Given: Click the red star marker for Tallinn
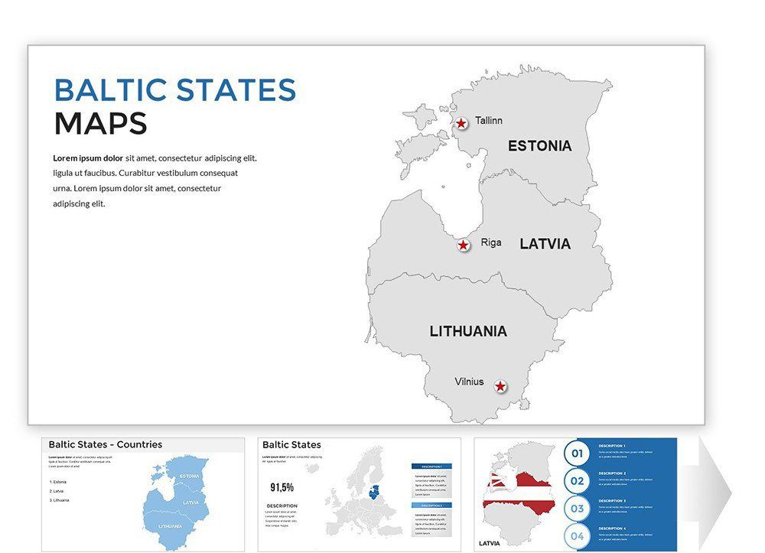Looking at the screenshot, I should point(461,123).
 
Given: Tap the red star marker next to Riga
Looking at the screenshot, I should point(464,246).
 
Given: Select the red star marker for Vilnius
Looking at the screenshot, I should point(500,387).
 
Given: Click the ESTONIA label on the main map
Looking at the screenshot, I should point(539,145).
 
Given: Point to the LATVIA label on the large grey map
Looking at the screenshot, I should point(545,244).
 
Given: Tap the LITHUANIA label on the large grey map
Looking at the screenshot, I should point(468,331).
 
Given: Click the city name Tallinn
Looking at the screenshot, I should point(489,121).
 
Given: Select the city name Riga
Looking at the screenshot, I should point(491,242).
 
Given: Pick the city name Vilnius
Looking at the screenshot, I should point(469,382).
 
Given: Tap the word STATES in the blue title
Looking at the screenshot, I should point(236,90).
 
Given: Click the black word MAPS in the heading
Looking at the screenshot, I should point(100,124).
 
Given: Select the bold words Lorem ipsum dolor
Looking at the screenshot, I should point(87,158).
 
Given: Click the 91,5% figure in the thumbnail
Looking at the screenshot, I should point(282,487).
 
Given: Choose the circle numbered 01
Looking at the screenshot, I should point(577,454).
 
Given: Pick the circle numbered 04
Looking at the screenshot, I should point(577,536).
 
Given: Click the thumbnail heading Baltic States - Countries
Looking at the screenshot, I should point(106,444).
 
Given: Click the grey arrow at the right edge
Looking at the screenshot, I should point(716,493).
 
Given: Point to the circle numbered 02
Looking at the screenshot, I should point(577,481).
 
